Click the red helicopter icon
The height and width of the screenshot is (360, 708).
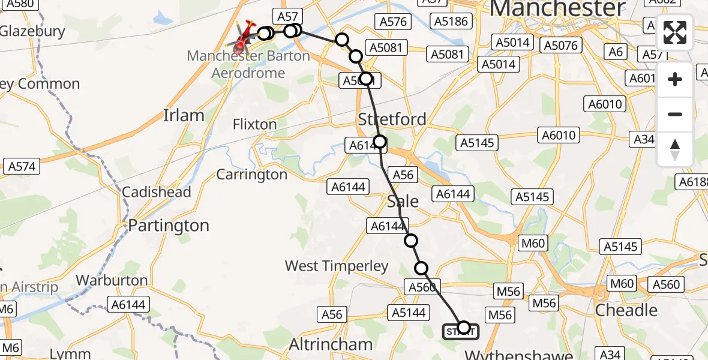pyautogui.click(x=242, y=39)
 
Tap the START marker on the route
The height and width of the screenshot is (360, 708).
pyautogui.click(x=461, y=331)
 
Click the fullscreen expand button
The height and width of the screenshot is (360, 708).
pyautogui.click(x=675, y=32)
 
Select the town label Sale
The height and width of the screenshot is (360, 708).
pyautogui.click(x=403, y=201)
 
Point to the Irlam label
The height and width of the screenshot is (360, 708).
pyautogui.click(x=184, y=115)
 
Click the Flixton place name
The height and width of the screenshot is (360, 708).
pyautogui.click(x=255, y=125)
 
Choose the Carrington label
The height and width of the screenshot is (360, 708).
pyautogui.click(x=252, y=175)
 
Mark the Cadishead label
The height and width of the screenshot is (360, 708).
pyautogui.click(x=156, y=192)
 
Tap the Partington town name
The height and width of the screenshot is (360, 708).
pyautogui.click(x=169, y=226)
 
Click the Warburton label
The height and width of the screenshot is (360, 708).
pyautogui.click(x=112, y=280)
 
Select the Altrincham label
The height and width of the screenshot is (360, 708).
pyautogui.click(x=331, y=344)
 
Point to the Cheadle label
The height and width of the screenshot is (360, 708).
pyautogui.click(x=626, y=310)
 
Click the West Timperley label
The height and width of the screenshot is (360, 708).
pyautogui.click(x=337, y=266)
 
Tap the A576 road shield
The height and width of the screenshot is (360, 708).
pyautogui.click(x=393, y=22)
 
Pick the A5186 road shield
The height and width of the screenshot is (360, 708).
pyautogui.click(x=451, y=22)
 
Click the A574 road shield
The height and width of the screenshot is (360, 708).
pyautogui.click(x=22, y=167)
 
